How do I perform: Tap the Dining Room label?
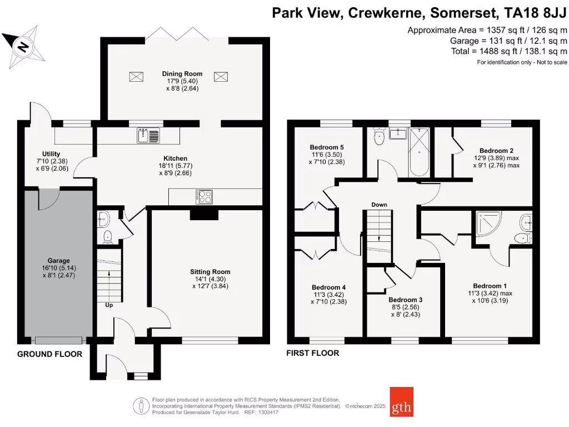pos(182,73)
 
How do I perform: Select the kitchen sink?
pos(148,135)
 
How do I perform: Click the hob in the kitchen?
pos(204,196)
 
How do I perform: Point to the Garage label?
pos(58,260)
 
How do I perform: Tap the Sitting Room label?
pos(210,272)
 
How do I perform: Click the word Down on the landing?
pos(380,205)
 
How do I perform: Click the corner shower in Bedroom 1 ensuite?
pos(489,225)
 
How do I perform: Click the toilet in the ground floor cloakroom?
pos(107,237)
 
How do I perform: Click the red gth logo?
pos(401,401)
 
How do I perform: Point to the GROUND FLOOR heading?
pos(49,354)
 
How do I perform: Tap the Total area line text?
pos(508,51)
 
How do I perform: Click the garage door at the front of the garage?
pos(58,340)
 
